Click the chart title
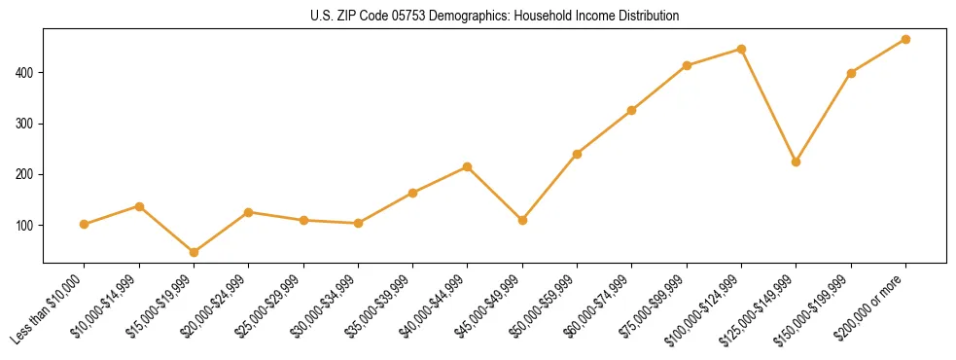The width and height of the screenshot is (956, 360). [495, 17]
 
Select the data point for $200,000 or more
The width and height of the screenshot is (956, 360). [905, 39]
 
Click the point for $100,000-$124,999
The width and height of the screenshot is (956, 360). [741, 49]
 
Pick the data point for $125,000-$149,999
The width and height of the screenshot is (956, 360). [796, 162]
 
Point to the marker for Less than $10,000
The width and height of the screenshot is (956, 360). [84, 224]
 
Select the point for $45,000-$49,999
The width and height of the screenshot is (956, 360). [522, 220]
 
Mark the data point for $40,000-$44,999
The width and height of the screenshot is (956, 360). [468, 166]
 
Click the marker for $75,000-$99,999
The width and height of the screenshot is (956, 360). [687, 65]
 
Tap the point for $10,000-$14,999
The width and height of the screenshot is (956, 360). [139, 206]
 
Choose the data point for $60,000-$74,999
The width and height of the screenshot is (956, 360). [632, 110]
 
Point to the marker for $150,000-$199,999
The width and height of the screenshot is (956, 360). [851, 73]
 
